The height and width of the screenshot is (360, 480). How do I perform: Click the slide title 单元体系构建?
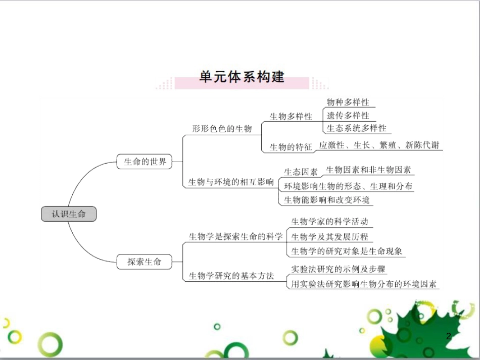pos(242,77)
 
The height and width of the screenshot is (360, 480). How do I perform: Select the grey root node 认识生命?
pos(69,214)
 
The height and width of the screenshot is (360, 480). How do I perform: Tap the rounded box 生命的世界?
pos(145,162)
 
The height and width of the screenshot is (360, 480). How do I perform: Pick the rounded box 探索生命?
pos(145,262)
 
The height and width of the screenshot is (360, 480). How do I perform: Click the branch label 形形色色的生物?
pos(222,129)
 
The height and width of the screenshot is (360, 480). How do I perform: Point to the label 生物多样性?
pos(291,117)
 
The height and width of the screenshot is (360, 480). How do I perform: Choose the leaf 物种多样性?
pos(348,102)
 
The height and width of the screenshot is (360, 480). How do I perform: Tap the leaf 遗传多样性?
pos(348,116)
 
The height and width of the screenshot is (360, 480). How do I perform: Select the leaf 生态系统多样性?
pos(356,128)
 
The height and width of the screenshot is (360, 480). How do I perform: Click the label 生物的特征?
pos(291,147)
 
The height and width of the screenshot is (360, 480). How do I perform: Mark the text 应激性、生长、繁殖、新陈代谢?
pos(379,145)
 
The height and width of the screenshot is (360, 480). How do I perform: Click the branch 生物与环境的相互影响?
pos(231,182)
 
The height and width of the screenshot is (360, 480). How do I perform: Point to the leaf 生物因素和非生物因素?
pos(368,170)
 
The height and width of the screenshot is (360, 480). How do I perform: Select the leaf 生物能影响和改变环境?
pos(326,200)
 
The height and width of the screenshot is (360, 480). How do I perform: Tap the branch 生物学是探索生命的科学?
pos(235,236)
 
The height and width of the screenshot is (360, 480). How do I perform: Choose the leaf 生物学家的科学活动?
pos(330,222)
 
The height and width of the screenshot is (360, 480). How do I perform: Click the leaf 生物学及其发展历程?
pos(330,237)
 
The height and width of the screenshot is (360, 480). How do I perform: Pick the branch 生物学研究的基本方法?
pos(231,276)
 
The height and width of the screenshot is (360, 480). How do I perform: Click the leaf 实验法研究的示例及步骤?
pos(338,269)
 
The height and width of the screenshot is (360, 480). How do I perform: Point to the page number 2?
pos(449,336)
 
